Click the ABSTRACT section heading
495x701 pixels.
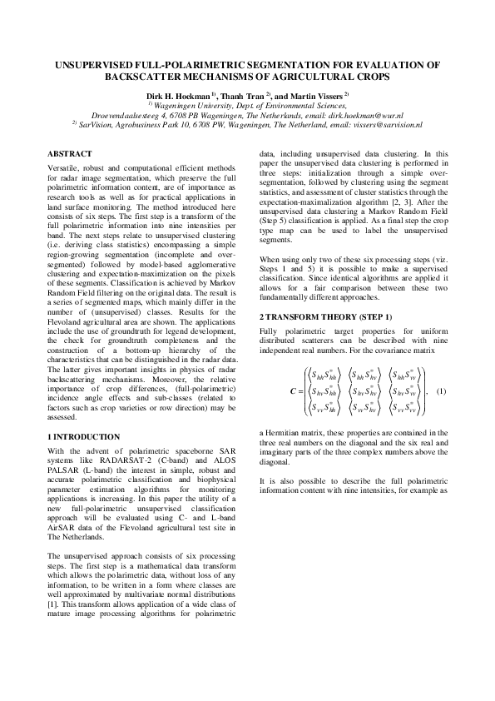click(70, 155)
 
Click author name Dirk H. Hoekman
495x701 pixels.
click(177, 96)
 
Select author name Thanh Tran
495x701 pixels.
click(243, 96)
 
